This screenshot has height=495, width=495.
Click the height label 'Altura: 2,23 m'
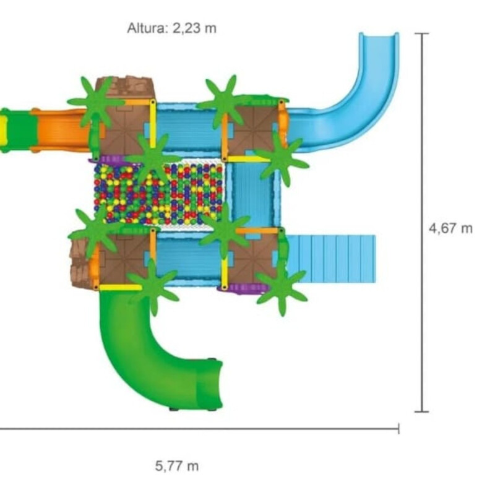click(x=172, y=28)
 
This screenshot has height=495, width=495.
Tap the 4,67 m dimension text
click(x=450, y=228)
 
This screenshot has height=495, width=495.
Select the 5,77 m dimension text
click(x=177, y=466)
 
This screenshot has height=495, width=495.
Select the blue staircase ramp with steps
click(x=331, y=259)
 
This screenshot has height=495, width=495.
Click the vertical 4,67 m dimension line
click(x=421, y=222)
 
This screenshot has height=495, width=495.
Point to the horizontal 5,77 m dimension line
click(x=199, y=429)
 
